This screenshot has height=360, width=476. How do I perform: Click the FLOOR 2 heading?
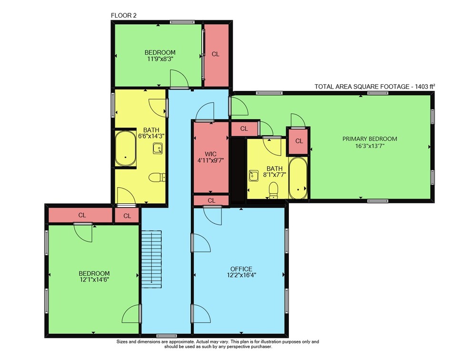[x=124, y=16]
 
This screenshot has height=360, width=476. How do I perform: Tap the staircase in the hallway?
[x=151, y=259]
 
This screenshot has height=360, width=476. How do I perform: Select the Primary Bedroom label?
[x=370, y=139]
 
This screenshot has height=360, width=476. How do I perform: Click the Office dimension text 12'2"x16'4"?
[x=241, y=275]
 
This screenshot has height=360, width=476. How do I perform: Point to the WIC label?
[x=211, y=154]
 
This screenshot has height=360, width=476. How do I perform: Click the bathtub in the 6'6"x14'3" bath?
[x=125, y=148]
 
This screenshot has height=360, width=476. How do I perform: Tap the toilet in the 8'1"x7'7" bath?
[x=274, y=190]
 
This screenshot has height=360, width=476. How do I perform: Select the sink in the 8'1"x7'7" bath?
[x=254, y=176]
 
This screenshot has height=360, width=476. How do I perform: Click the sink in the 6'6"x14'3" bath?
[x=158, y=148]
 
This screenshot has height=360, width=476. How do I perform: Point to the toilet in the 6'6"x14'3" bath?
[x=157, y=177]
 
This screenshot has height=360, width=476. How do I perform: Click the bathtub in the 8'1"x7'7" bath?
[x=298, y=178]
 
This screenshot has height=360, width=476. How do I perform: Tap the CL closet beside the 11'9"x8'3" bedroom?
[x=216, y=55]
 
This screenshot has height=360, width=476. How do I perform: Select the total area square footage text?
[x=375, y=87]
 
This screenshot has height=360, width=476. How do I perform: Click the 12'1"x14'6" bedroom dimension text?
[x=94, y=280]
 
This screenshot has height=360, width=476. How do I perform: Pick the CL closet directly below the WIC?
[x=211, y=200]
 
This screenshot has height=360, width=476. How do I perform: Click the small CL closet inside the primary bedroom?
[x=299, y=141]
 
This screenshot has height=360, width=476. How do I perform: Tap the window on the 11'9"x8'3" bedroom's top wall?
[x=182, y=22]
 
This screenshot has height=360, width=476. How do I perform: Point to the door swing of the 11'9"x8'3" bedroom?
[x=179, y=79]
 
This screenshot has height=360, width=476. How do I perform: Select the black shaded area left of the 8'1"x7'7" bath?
[x=238, y=171]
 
